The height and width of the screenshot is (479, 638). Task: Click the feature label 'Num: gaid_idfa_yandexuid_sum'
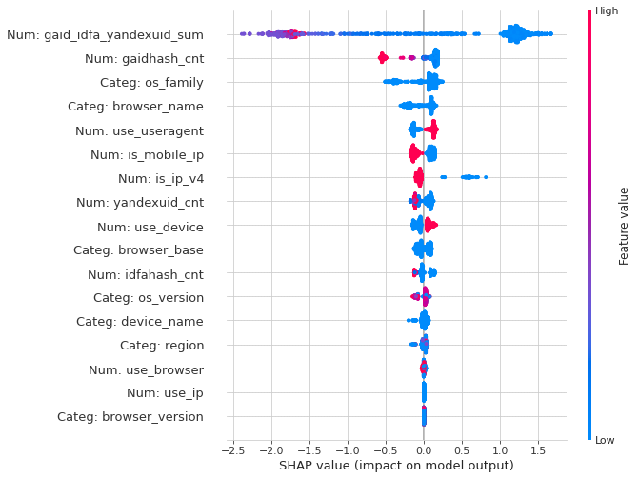pos(105,35)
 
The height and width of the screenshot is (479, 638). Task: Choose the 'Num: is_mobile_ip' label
pos(147,154)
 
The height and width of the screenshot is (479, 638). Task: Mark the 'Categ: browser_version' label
pos(130,416)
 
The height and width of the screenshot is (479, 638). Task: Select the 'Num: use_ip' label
pos(165,392)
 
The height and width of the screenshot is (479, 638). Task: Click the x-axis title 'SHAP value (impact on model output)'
pos(395,465)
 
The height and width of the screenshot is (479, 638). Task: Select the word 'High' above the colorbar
pos(607,10)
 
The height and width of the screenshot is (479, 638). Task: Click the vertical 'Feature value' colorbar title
pos(625,226)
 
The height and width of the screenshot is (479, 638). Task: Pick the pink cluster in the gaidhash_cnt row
pos(383,58)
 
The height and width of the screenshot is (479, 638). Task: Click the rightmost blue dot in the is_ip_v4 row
pos(486,176)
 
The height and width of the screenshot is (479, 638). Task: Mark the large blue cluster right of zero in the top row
pos(516,34)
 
